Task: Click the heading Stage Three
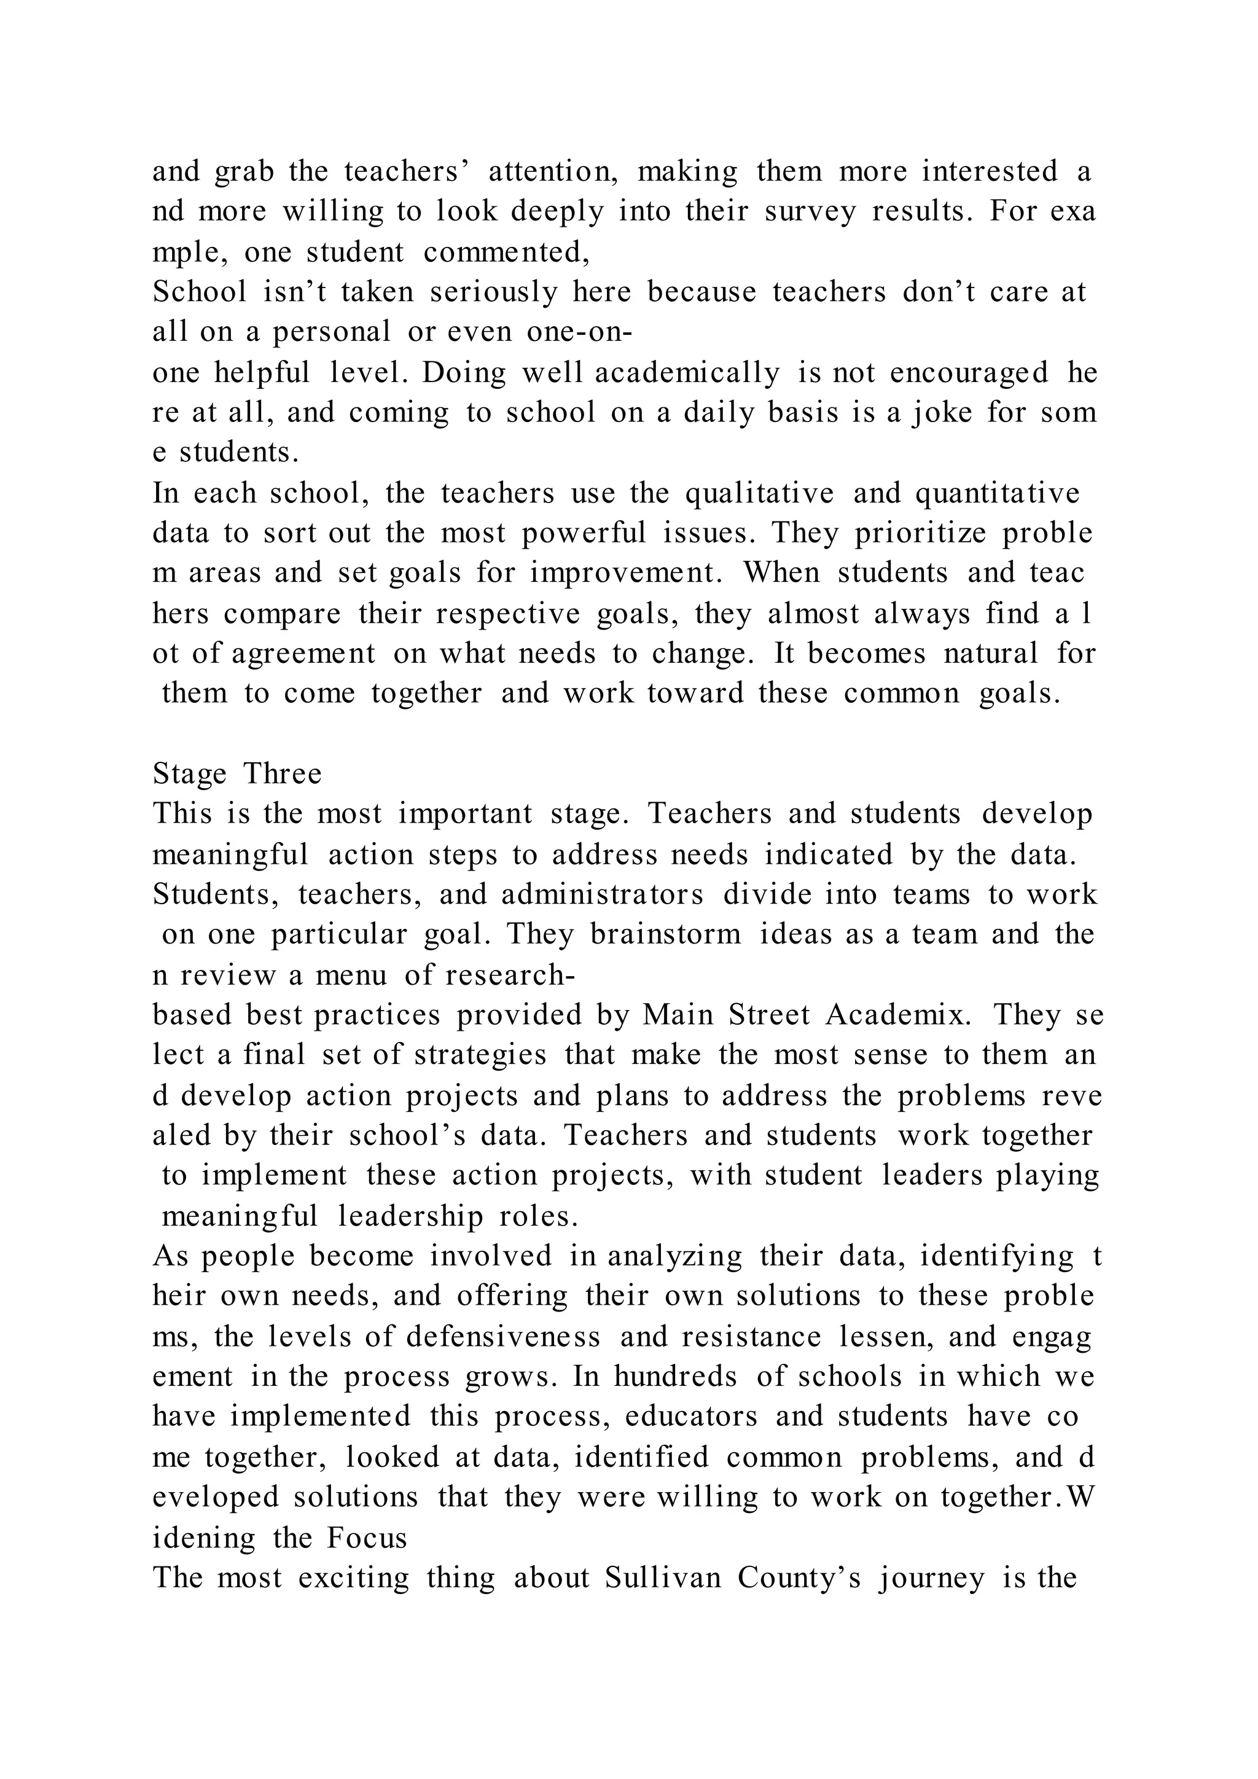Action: click(x=237, y=774)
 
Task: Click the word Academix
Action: click(x=898, y=1015)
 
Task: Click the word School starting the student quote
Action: click(x=200, y=292)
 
